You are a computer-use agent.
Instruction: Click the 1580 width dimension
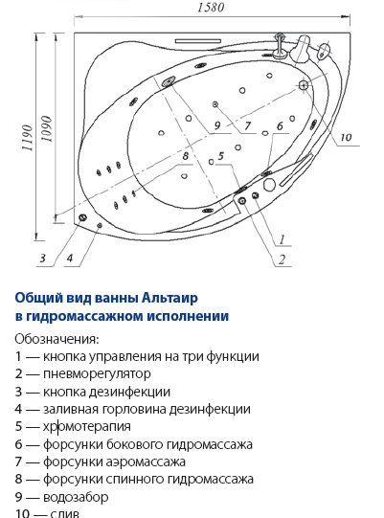click(x=211, y=8)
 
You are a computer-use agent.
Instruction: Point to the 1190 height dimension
click(x=28, y=138)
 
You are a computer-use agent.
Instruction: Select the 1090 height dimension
click(x=47, y=129)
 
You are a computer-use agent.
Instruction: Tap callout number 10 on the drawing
click(x=346, y=137)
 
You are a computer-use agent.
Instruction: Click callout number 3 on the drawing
click(x=43, y=258)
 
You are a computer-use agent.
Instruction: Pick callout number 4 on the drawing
click(x=70, y=258)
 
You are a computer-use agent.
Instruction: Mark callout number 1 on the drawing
click(x=282, y=239)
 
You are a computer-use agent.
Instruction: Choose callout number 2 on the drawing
click(x=282, y=259)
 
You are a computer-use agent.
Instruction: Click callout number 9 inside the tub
click(x=216, y=125)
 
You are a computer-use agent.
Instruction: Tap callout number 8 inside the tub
click(x=186, y=156)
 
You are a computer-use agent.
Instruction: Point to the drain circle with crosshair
click(x=304, y=85)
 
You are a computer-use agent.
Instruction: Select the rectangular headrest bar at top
click(x=198, y=41)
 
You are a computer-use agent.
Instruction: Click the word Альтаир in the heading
click(x=169, y=298)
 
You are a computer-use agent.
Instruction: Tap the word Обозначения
click(x=56, y=339)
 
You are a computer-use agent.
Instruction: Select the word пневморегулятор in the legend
click(x=97, y=374)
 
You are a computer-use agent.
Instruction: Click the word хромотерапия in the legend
click(x=87, y=426)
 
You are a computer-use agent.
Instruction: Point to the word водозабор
click(x=76, y=497)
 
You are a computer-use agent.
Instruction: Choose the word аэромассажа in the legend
click(x=146, y=462)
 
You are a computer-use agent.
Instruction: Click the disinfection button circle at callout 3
click(x=82, y=217)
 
